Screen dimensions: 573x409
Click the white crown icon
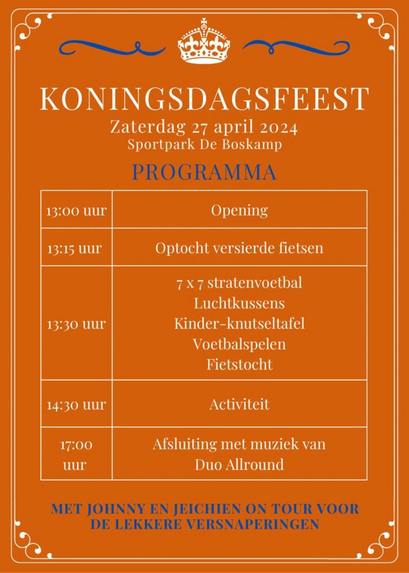pyautogui.click(x=204, y=42)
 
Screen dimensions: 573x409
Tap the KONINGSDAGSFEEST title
pyautogui.click(x=204, y=99)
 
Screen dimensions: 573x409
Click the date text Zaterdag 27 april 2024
pyautogui.click(x=204, y=126)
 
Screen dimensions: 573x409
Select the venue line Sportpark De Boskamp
pyautogui.click(x=204, y=145)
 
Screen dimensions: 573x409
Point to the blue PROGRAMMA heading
pyautogui.click(x=204, y=172)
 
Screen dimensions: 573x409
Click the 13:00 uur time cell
pyautogui.click(x=76, y=210)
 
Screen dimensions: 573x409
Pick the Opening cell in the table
pyautogui.click(x=239, y=210)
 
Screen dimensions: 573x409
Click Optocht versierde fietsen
pyautogui.click(x=239, y=248)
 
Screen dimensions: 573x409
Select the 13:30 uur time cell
pyautogui.click(x=76, y=324)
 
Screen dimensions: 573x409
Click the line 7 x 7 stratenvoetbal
pyautogui.click(x=239, y=283)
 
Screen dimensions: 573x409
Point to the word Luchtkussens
pyautogui.click(x=239, y=303)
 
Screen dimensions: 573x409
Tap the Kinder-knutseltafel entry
pyautogui.click(x=239, y=324)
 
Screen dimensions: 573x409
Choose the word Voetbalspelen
pyautogui.click(x=239, y=344)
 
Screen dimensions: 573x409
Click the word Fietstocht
pyautogui.click(x=239, y=364)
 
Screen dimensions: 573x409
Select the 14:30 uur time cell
pyautogui.click(x=76, y=405)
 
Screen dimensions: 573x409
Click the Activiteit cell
pyautogui.click(x=239, y=405)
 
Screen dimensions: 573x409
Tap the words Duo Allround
pyautogui.click(x=239, y=465)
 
